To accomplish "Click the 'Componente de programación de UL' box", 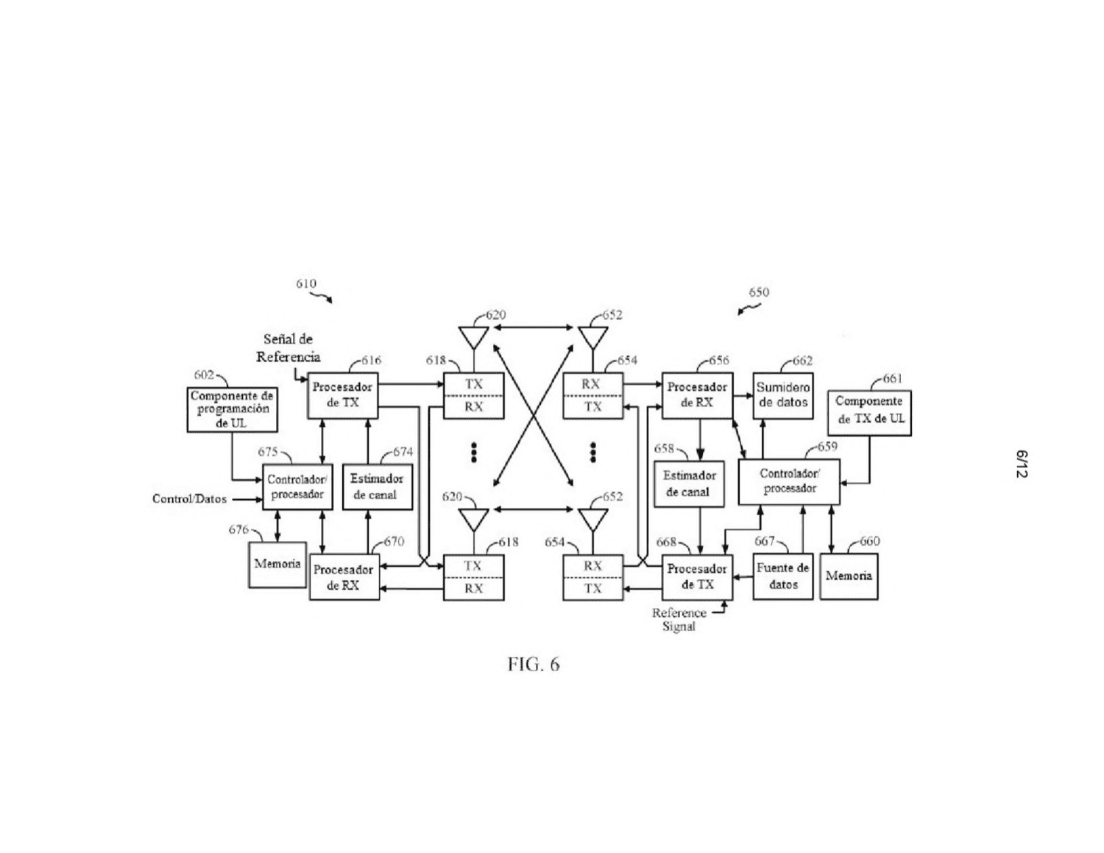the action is [232, 409].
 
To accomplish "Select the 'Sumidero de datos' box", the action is [782, 396].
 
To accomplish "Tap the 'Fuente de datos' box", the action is [782, 576].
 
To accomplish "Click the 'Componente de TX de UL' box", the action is [869, 413].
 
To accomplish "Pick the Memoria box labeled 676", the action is [277, 565].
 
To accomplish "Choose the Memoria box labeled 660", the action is [849, 576].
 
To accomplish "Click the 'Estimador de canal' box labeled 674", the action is [378, 486].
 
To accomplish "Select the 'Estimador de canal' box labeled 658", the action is [689, 484].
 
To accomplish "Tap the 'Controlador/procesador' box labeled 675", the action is [298, 486].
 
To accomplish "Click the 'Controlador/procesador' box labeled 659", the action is [789, 481].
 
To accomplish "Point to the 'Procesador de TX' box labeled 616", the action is [343, 396].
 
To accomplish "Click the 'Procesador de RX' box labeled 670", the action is [344, 577].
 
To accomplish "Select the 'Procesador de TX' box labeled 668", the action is [697, 577].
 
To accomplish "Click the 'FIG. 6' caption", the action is [534, 665].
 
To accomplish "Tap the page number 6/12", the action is [1022, 464].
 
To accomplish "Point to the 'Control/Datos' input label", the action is [189, 499].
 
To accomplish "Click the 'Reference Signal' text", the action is [679, 619].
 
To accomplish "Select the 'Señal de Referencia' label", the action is [288, 348].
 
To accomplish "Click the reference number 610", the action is [306, 283].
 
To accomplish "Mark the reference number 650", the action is [759, 292].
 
